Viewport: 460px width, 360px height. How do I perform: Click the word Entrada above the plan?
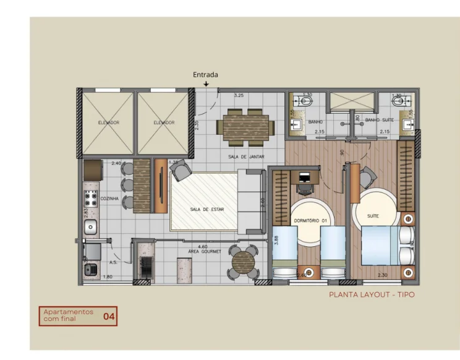click(x=205, y=75)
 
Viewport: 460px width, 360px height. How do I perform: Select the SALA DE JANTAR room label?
click(x=246, y=157)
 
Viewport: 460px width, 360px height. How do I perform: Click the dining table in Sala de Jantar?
click(x=245, y=127)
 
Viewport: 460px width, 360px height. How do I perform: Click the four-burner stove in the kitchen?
click(x=90, y=199)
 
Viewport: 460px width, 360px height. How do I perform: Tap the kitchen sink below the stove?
click(x=90, y=227)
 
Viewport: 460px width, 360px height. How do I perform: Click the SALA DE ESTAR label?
click(x=207, y=210)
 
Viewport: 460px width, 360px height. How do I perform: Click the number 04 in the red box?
click(x=109, y=317)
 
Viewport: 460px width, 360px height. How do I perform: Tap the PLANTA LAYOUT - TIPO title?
click(x=372, y=295)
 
